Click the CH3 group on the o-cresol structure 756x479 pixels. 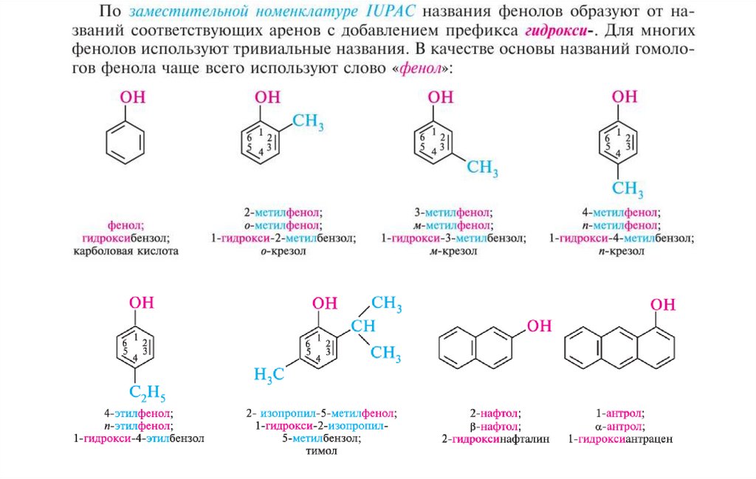click(x=309, y=123)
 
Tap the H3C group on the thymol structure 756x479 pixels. click(x=269, y=374)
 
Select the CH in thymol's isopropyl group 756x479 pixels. click(x=363, y=326)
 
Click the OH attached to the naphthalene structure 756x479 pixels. click(x=540, y=326)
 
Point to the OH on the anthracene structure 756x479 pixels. click(x=662, y=305)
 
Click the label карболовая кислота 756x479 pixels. click(x=126, y=252)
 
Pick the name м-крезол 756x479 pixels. click(x=453, y=252)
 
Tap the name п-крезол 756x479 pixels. click(x=622, y=252)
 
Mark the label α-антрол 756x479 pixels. click(x=619, y=426)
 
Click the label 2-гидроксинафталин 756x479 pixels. click(x=496, y=439)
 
